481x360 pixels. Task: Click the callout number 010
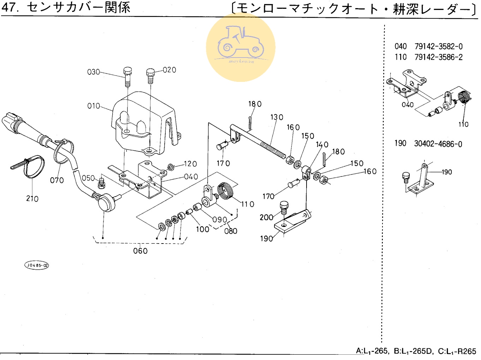click(94, 106)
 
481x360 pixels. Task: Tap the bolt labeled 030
click(127, 76)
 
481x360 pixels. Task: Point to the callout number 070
click(57, 180)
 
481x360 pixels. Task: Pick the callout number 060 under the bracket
click(140, 251)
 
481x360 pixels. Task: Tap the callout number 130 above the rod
click(277, 117)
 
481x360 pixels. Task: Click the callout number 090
click(220, 220)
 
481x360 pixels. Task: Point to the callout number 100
click(203, 229)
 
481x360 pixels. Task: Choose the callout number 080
click(231, 231)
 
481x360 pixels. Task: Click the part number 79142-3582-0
click(438, 47)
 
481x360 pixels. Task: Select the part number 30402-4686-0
click(438, 144)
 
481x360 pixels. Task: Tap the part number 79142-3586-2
click(438, 57)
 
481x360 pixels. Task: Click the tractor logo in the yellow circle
click(241, 44)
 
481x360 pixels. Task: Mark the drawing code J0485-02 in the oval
click(37, 265)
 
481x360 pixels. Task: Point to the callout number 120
click(190, 164)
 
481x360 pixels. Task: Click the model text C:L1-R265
click(457, 351)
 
